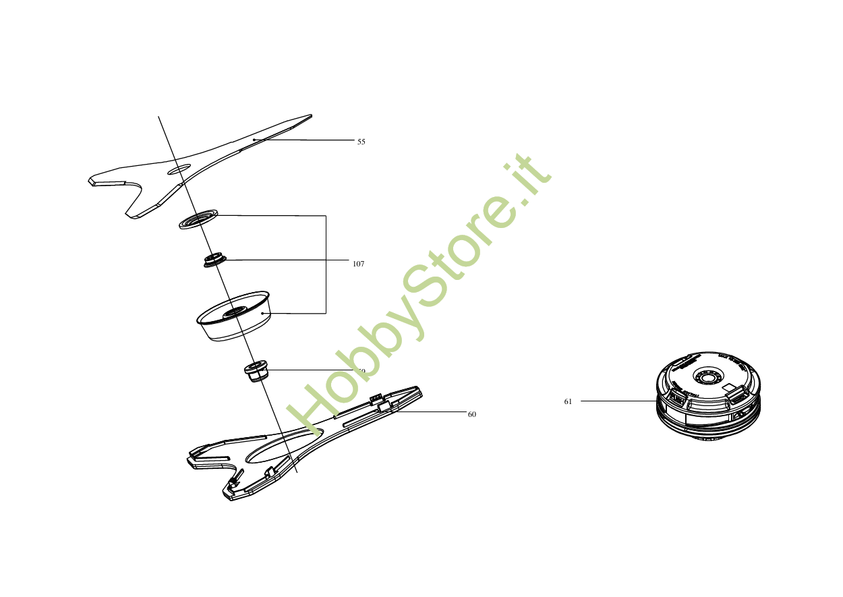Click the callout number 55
click(x=361, y=142)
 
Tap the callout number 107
click(x=358, y=264)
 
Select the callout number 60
click(x=472, y=414)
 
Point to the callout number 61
click(x=568, y=401)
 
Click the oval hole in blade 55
click(x=179, y=169)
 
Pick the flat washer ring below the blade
click(x=198, y=219)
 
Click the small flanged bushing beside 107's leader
click(x=215, y=260)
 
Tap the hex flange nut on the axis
click(x=256, y=370)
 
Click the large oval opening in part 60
click(x=284, y=447)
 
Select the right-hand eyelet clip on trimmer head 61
click(x=738, y=399)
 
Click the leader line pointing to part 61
click(x=617, y=401)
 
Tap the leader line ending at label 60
click(x=432, y=411)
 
